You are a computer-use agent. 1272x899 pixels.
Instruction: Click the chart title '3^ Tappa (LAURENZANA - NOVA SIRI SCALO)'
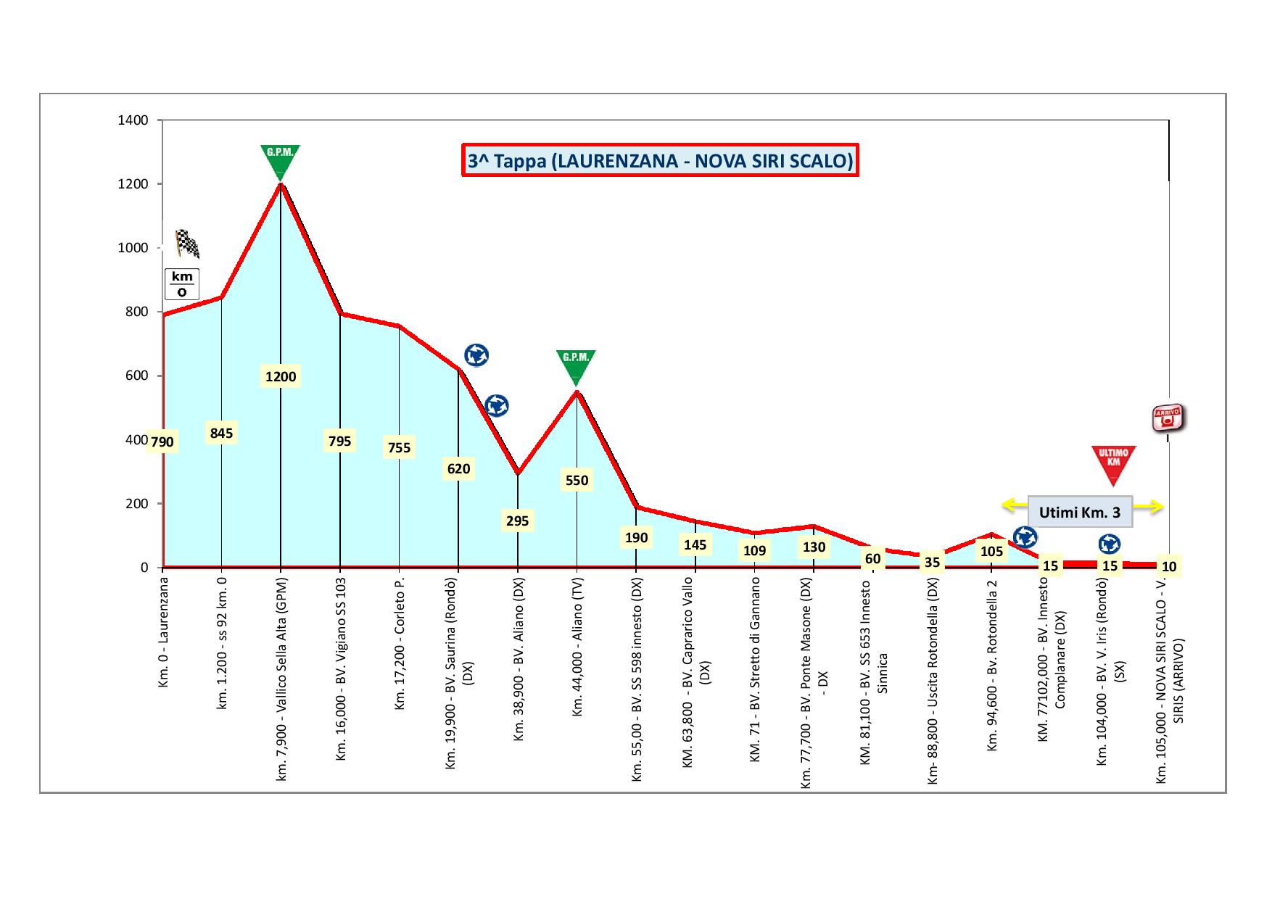(660, 160)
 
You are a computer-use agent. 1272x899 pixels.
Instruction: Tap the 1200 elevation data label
(281, 376)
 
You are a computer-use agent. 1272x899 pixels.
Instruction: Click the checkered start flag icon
(187, 244)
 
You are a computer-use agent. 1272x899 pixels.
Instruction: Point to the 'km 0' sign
(181, 284)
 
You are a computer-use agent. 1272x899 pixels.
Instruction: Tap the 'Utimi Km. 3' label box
(1079, 513)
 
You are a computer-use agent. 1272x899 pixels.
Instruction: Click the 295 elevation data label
(517, 521)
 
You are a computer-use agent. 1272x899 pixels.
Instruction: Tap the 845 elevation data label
(221, 434)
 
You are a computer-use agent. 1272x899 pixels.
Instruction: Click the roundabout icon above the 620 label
(476, 355)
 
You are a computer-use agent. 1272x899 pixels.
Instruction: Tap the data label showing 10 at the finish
(1168, 566)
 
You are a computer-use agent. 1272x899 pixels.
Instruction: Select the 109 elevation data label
(754, 551)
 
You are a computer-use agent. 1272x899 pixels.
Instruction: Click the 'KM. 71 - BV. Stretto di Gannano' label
(755, 669)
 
